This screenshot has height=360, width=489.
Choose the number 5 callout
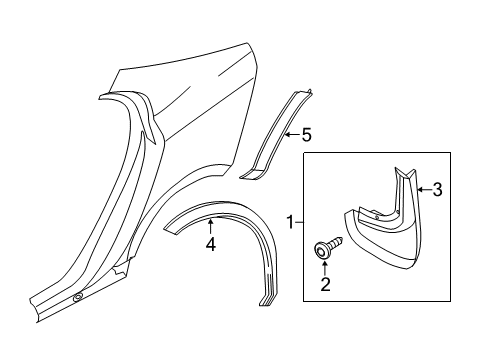308,133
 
